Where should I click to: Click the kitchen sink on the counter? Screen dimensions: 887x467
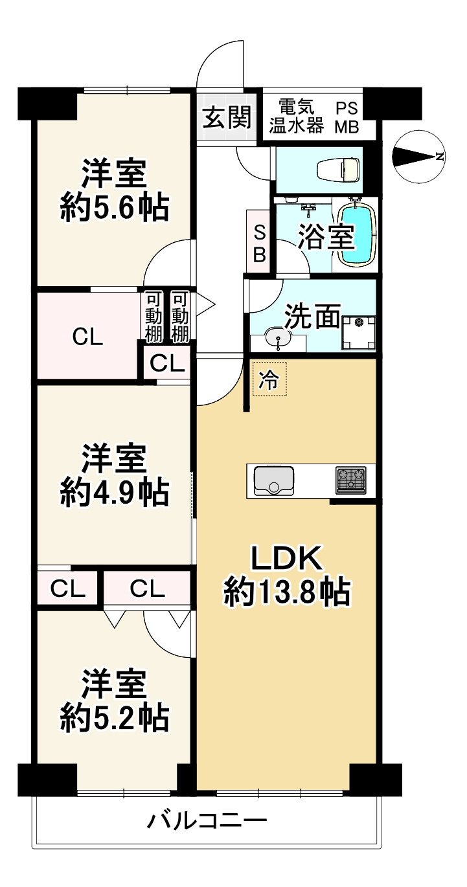click(x=273, y=480)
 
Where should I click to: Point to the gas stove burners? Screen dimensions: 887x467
click(x=350, y=480)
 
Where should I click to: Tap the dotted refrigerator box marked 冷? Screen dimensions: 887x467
click(x=268, y=378)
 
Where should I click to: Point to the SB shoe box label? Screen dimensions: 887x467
click(x=259, y=242)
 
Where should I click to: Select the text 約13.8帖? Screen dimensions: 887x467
click(x=287, y=592)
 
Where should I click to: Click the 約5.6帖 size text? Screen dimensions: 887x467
click(x=115, y=208)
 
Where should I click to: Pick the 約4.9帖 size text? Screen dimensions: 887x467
click(x=115, y=493)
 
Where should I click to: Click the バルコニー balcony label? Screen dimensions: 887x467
click(x=206, y=823)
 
